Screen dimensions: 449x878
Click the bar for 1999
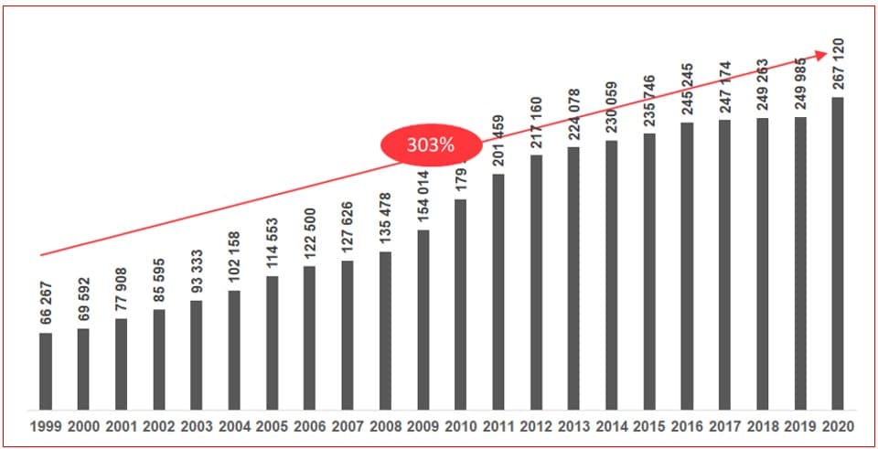pyautogui.click(x=46, y=370)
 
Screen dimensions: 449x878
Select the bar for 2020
pyautogui.click(x=838, y=253)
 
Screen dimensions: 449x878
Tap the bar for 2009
pyautogui.click(x=423, y=319)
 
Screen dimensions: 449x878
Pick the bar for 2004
pyautogui.click(x=234, y=349)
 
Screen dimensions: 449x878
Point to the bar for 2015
pyautogui.click(x=649, y=272)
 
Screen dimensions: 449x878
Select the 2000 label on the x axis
pyautogui.click(x=83, y=426)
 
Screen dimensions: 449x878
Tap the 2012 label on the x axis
pyautogui.click(x=536, y=426)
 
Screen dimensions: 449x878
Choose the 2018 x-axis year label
pyautogui.click(x=762, y=426)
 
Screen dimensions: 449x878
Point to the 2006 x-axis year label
pyautogui.click(x=309, y=426)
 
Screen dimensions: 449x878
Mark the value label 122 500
pyautogui.click(x=309, y=233)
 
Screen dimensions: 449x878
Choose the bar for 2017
pyautogui.click(x=724, y=264)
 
